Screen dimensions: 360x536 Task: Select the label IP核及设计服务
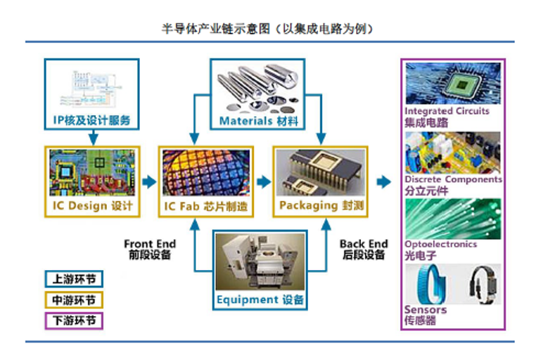click(x=92, y=120)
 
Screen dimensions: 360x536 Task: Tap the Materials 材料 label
click(x=259, y=121)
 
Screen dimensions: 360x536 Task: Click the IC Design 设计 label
click(x=92, y=205)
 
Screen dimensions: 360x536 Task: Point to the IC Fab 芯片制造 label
click(x=206, y=206)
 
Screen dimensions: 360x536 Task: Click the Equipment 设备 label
click(x=260, y=300)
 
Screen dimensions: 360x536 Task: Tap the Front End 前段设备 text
click(x=150, y=250)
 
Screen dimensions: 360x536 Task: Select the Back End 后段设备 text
click(x=364, y=250)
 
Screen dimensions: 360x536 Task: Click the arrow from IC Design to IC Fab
click(x=149, y=182)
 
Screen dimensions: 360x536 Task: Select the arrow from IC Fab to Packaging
click(x=264, y=182)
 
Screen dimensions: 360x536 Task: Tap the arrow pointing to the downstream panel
click(x=383, y=182)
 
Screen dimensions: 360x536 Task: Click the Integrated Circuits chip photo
click(x=453, y=84)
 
